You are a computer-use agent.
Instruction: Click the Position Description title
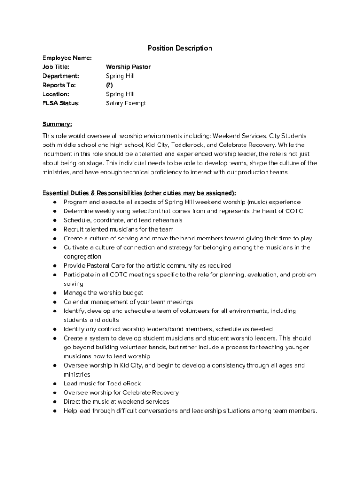(x=180, y=48)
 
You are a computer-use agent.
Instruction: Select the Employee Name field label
(x=67, y=58)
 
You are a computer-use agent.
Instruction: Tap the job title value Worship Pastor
(x=128, y=67)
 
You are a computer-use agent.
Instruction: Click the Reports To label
(x=59, y=85)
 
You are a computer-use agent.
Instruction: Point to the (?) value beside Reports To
(x=109, y=85)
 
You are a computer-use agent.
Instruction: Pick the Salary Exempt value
(x=126, y=103)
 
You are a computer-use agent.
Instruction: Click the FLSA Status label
(x=61, y=103)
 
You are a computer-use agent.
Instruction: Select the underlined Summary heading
(x=57, y=124)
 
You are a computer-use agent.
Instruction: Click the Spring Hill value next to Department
(x=120, y=76)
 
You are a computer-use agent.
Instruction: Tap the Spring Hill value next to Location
(x=120, y=94)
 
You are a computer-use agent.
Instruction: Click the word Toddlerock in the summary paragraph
(x=187, y=145)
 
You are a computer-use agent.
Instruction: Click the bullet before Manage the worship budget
(x=55, y=293)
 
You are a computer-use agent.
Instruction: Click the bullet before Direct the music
(x=55, y=402)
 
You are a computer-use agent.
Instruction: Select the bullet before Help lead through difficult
(x=55, y=411)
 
